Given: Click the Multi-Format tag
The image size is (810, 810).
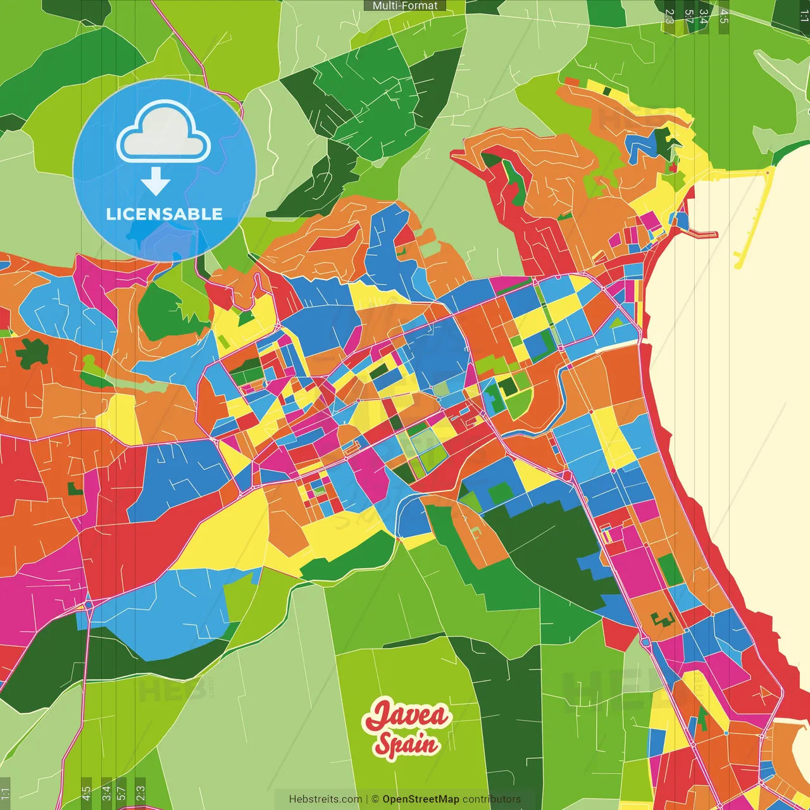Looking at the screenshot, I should pyautogui.click(x=405, y=6).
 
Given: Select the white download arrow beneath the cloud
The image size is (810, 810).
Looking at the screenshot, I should pyautogui.click(x=156, y=182).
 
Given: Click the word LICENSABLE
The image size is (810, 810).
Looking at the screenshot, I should pyautogui.click(x=164, y=214).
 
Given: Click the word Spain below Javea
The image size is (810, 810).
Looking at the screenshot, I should pyautogui.click(x=406, y=744).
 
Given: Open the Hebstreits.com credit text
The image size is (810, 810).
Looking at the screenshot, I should pyautogui.click(x=325, y=799).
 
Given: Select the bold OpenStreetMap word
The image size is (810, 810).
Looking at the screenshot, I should pyautogui.click(x=421, y=799).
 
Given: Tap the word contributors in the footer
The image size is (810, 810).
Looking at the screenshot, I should pyautogui.click(x=492, y=799).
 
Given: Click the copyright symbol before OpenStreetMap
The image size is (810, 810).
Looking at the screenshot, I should pyautogui.click(x=375, y=799).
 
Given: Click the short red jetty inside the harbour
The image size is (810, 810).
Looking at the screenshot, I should pyautogui.click(x=702, y=234).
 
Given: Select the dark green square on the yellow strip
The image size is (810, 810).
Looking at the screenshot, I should pyautogui.click(x=607, y=90).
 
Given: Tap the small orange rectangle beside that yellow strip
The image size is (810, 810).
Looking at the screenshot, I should pyautogui.click(x=571, y=82).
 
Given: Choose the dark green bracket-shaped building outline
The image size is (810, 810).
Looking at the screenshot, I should pyautogui.click(x=662, y=618).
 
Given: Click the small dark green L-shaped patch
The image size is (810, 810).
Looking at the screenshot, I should pyautogui.click(x=75, y=488).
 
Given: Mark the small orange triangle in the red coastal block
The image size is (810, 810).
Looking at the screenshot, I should pyautogui.click(x=765, y=692).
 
